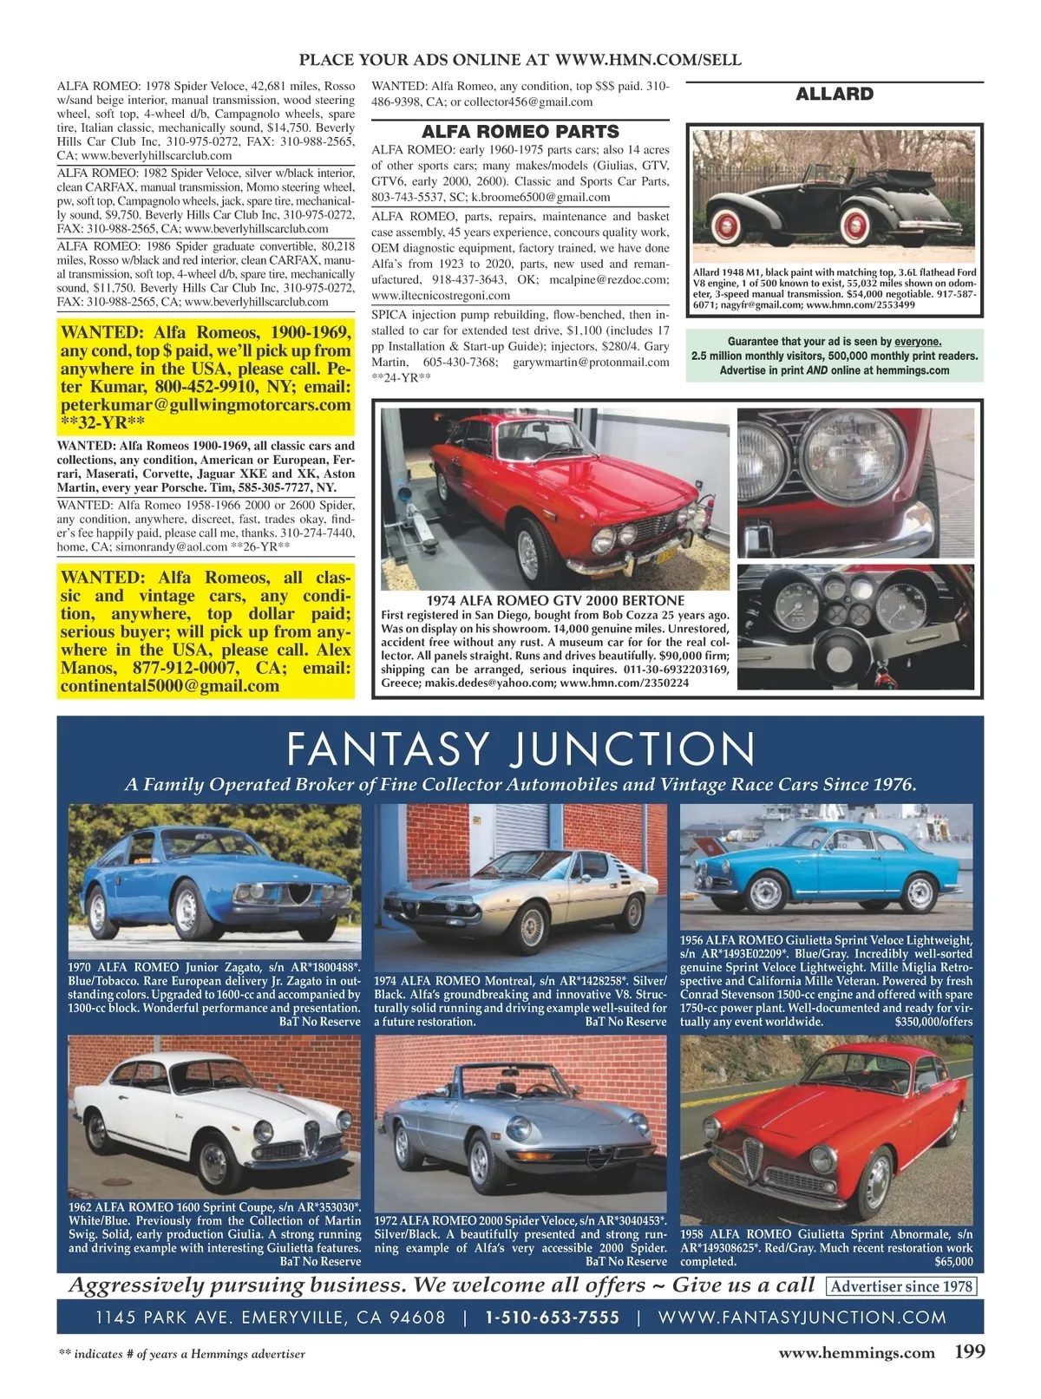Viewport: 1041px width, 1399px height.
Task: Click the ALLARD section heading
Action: pos(835,94)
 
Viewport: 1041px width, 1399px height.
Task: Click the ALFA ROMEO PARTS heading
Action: pos(520,132)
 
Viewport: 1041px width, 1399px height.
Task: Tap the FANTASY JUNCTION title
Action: pos(520,749)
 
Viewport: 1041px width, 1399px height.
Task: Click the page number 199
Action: pos(970,1351)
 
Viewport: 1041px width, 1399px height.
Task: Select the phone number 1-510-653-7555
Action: pos(553,1317)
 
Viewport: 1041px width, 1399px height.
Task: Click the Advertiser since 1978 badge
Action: pos(902,1286)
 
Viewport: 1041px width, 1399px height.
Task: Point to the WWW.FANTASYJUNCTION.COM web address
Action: pos(802,1317)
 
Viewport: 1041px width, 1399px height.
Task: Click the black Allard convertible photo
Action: pos(835,194)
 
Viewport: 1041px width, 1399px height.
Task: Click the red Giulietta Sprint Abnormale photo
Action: pos(826,1128)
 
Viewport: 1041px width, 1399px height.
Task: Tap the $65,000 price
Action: pos(953,1262)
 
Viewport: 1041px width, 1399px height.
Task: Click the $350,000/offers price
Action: pos(933,1022)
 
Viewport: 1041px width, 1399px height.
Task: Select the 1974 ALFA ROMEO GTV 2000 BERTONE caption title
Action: pos(555,600)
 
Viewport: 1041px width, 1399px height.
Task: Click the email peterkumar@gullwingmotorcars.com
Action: pos(206,405)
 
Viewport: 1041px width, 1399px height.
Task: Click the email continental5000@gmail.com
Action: pos(170,686)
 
